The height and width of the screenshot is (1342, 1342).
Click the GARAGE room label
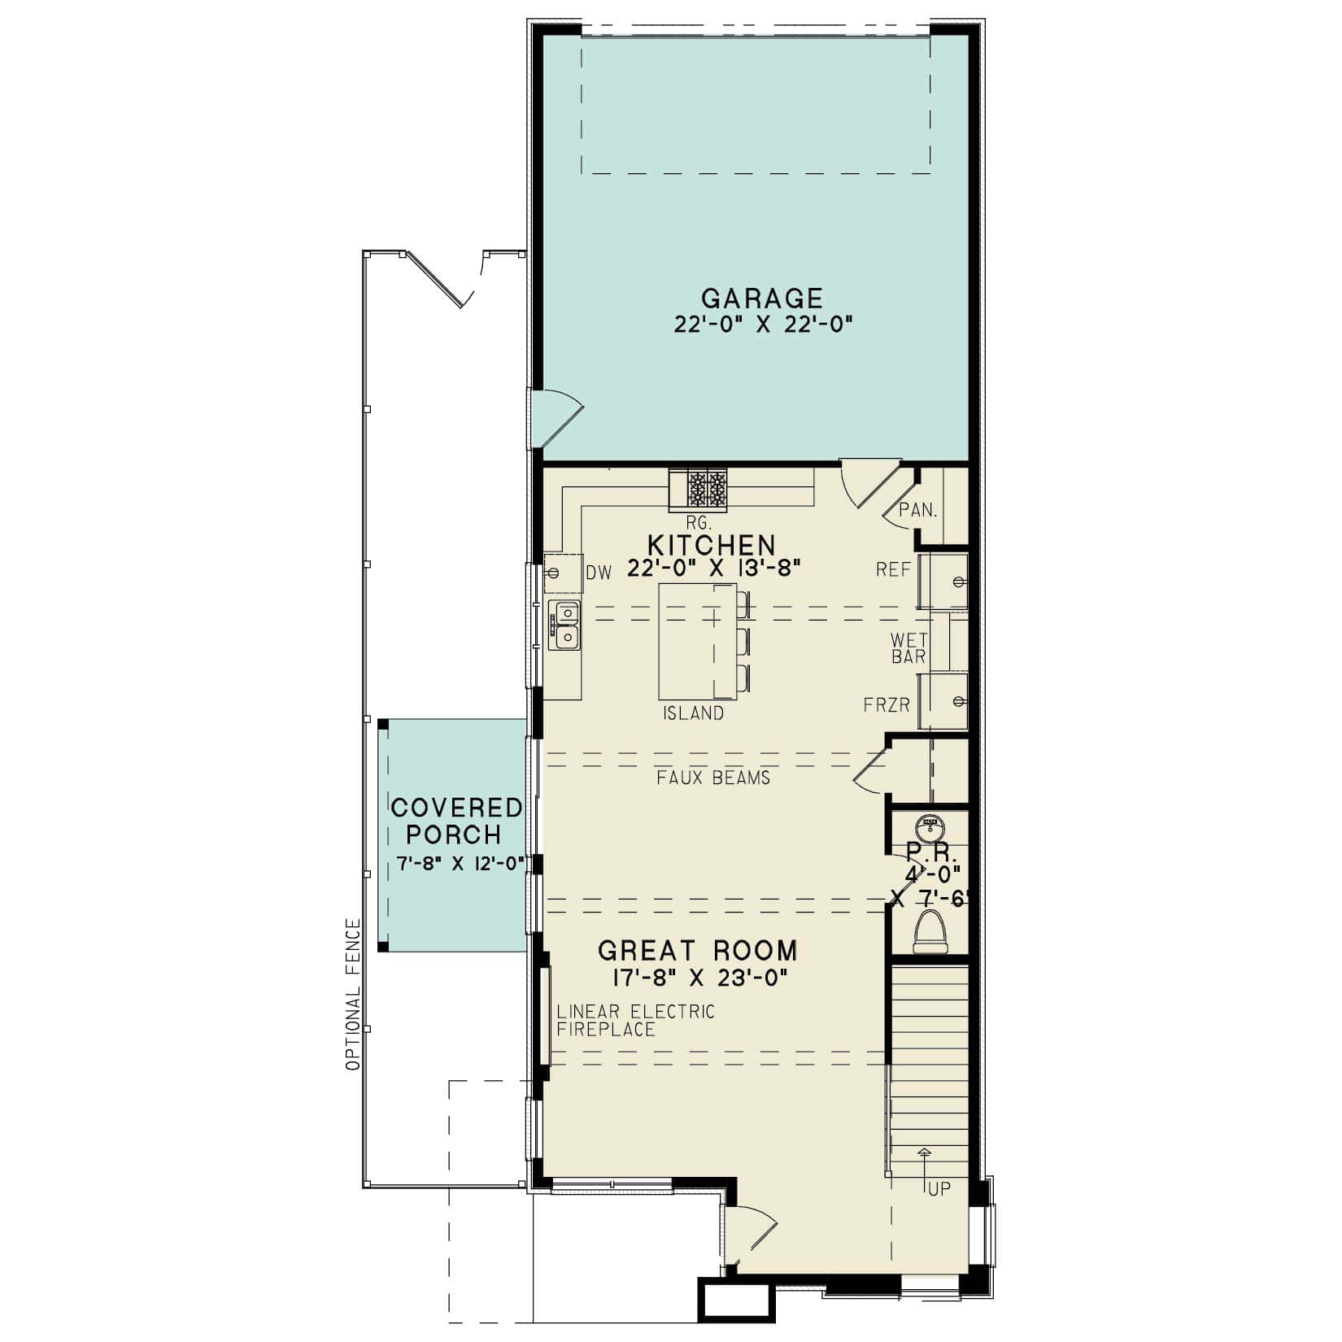[x=762, y=298]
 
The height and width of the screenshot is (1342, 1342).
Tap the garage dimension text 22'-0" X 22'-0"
[x=762, y=324]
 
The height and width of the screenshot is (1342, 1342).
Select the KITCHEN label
[x=711, y=544]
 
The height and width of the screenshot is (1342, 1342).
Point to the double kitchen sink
[x=565, y=624]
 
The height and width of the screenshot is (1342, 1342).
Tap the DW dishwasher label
[x=599, y=573]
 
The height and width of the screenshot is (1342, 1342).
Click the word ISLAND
[x=693, y=713]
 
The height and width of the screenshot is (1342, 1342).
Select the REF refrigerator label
[x=893, y=570]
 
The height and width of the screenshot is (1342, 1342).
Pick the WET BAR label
[x=908, y=648]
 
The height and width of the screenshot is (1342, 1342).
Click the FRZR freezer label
[x=887, y=705]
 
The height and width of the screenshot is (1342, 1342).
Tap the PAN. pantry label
[x=918, y=511]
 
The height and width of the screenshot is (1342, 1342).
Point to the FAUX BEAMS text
[x=713, y=778]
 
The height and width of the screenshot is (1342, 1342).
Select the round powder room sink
[x=929, y=829]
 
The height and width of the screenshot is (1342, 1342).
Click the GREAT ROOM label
[x=698, y=950]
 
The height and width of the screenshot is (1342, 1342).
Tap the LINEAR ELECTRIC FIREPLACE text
[x=635, y=1021]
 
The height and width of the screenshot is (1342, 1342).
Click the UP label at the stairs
[x=939, y=1189]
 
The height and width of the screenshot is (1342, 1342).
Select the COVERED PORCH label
[x=455, y=821]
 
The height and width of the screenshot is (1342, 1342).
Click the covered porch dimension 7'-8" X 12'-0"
[x=458, y=864]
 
